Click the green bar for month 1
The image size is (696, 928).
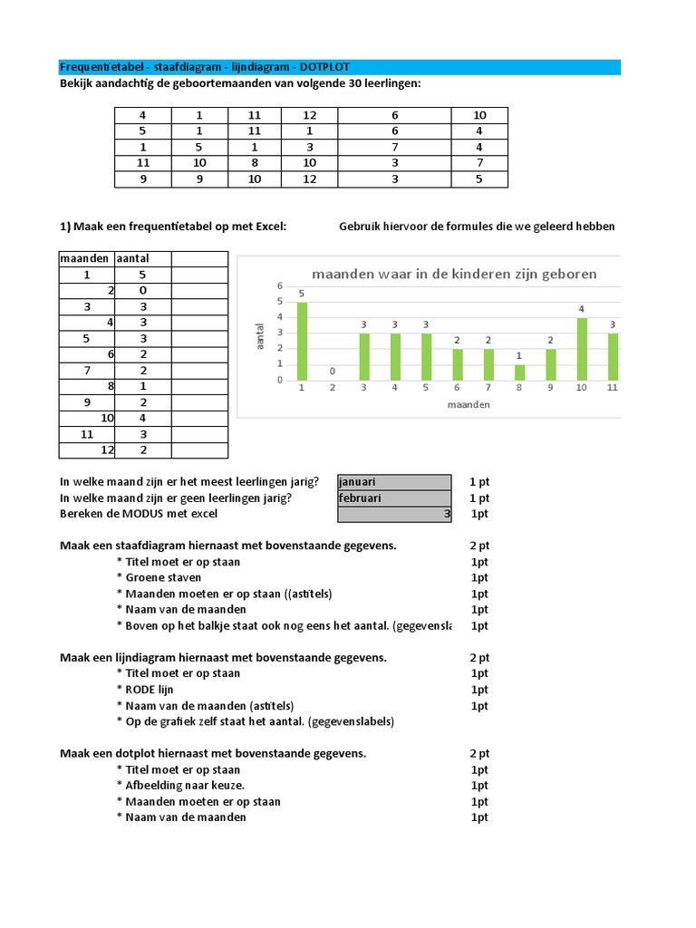point(303,341)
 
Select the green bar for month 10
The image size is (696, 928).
point(582,349)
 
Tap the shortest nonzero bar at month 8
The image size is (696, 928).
point(519,372)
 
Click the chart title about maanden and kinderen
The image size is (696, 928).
point(454,274)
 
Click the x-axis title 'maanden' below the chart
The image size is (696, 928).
point(468,404)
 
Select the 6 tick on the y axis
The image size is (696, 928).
point(280,286)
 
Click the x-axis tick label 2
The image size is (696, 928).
point(333,388)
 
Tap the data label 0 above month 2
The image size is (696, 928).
point(333,372)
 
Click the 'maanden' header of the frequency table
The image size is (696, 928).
point(84,258)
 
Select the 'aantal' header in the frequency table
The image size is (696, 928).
point(132,258)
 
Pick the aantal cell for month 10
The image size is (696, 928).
point(141,418)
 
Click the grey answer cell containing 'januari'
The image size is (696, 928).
point(394,482)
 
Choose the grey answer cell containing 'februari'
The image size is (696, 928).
point(394,498)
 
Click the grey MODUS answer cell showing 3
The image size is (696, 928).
point(394,514)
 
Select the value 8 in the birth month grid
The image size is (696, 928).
point(255,162)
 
